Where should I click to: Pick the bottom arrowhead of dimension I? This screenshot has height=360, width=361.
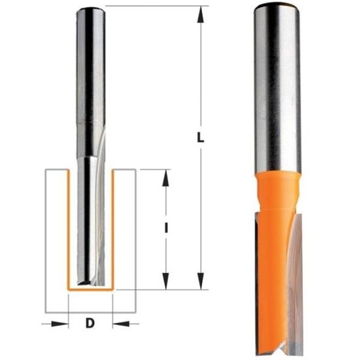tap(166, 282)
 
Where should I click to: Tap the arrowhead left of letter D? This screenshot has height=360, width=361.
tap(62, 323)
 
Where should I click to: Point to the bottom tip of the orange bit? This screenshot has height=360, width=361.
tap(278, 344)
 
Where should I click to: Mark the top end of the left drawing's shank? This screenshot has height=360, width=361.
tap(91, 8)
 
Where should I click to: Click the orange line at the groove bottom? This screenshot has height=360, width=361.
tap(91, 289)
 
